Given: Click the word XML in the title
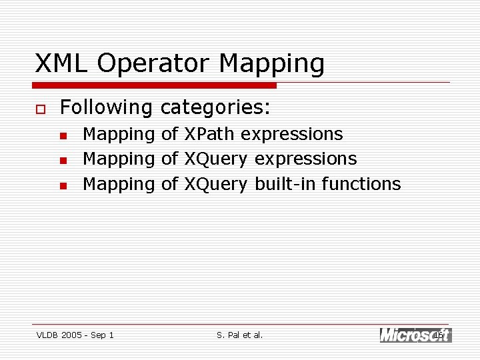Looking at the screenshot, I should (61, 63).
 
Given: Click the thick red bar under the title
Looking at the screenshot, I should (155, 85).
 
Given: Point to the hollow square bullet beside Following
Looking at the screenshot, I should (40, 108).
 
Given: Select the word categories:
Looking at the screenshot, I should (215, 107).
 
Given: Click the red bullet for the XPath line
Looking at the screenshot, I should (63, 135).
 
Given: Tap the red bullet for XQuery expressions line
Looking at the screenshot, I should (63, 160).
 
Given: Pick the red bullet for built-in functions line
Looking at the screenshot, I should (63, 185).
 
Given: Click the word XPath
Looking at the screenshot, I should (209, 134).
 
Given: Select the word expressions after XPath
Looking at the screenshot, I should (291, 135).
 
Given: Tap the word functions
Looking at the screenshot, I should (361, 184).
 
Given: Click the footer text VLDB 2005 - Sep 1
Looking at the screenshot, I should (75, 335).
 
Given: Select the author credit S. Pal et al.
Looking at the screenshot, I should (240, 335).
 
